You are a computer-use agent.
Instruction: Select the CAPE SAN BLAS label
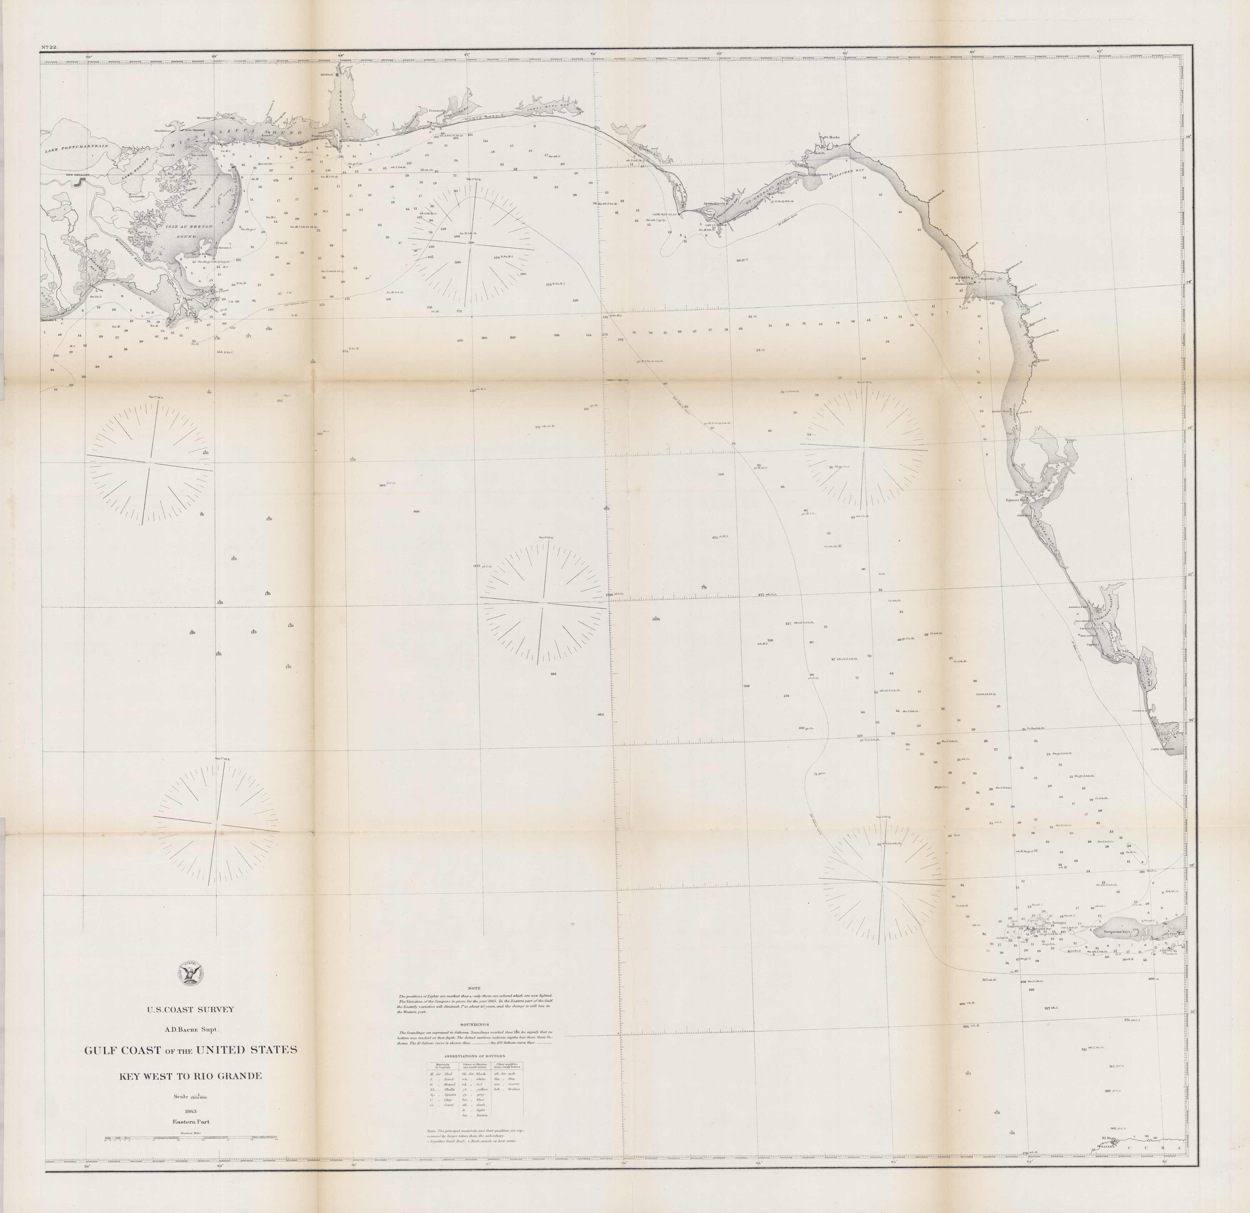point(663,214)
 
